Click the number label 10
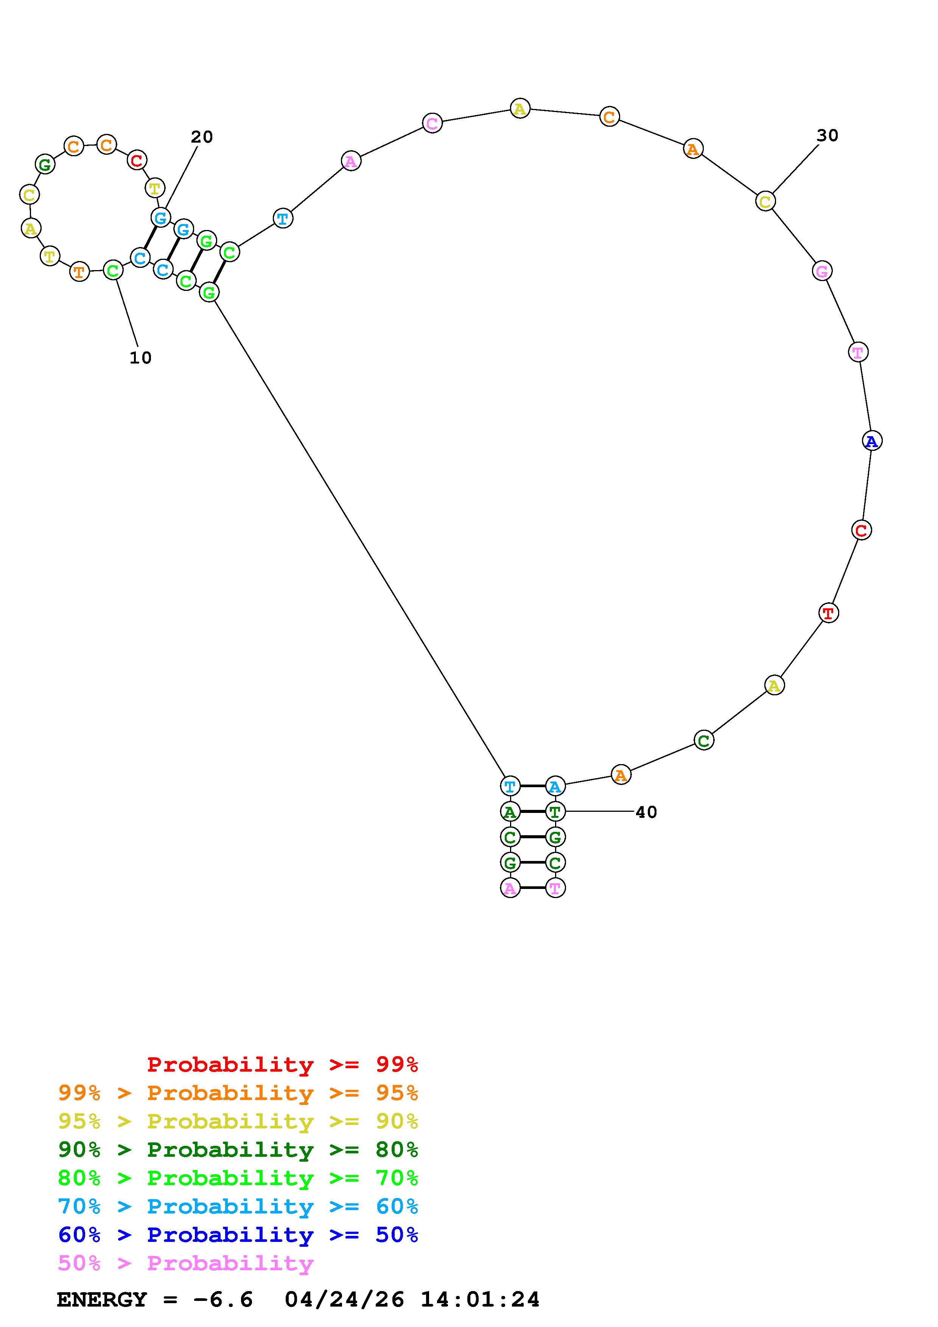[x=140, y=358]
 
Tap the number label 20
[x=202, y=137]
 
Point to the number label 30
[x=827, y=135]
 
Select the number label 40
[x=646, y=812]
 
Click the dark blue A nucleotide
[x=871, y=441]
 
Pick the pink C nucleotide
[x=432, y=123]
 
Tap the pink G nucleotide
[x=822, y=270]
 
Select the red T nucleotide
[x=829, y=613]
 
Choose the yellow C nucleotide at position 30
[x=765, y=201]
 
